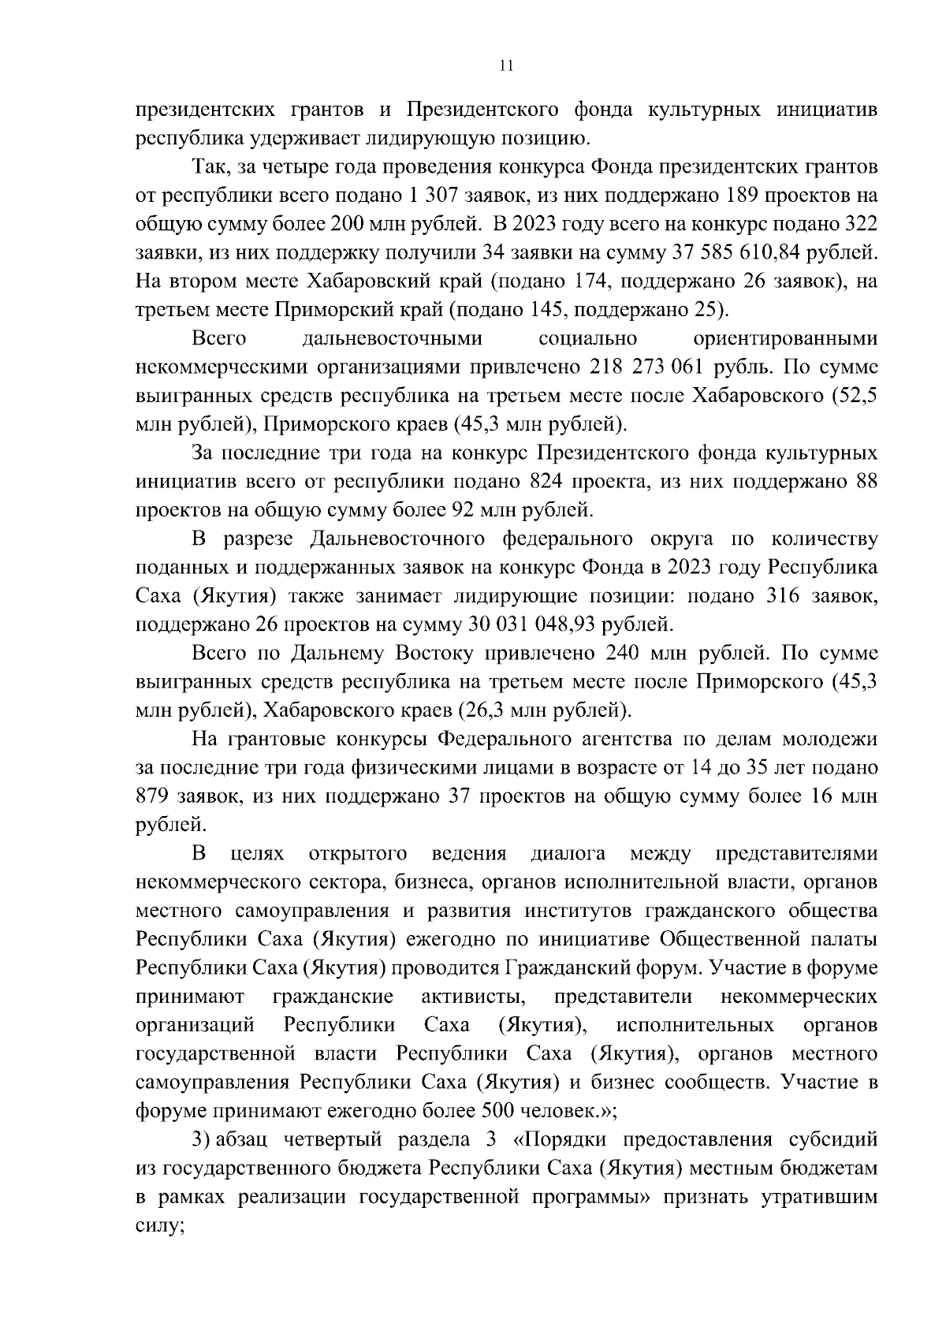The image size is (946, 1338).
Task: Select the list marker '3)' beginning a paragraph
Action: (202, 1140)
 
